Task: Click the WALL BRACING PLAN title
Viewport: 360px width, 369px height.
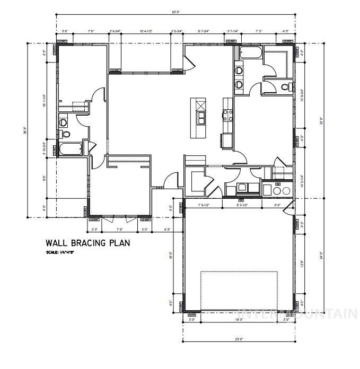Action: point(87,243)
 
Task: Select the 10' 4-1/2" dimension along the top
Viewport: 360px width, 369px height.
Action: point(146,31)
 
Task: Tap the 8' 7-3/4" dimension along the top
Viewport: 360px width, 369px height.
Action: point(204,31)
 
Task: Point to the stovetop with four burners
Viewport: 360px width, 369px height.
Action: point(228,115)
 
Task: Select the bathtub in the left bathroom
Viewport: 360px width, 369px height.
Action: point(69,148)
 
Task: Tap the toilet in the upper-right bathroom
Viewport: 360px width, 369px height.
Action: point(286,87)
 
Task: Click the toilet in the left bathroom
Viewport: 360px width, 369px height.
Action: point(64,122)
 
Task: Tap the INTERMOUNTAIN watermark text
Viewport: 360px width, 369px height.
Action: point(297,314)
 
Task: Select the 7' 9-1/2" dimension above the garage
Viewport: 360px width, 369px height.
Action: point(203,205)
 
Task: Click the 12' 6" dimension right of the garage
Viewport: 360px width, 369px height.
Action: point(302,263)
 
